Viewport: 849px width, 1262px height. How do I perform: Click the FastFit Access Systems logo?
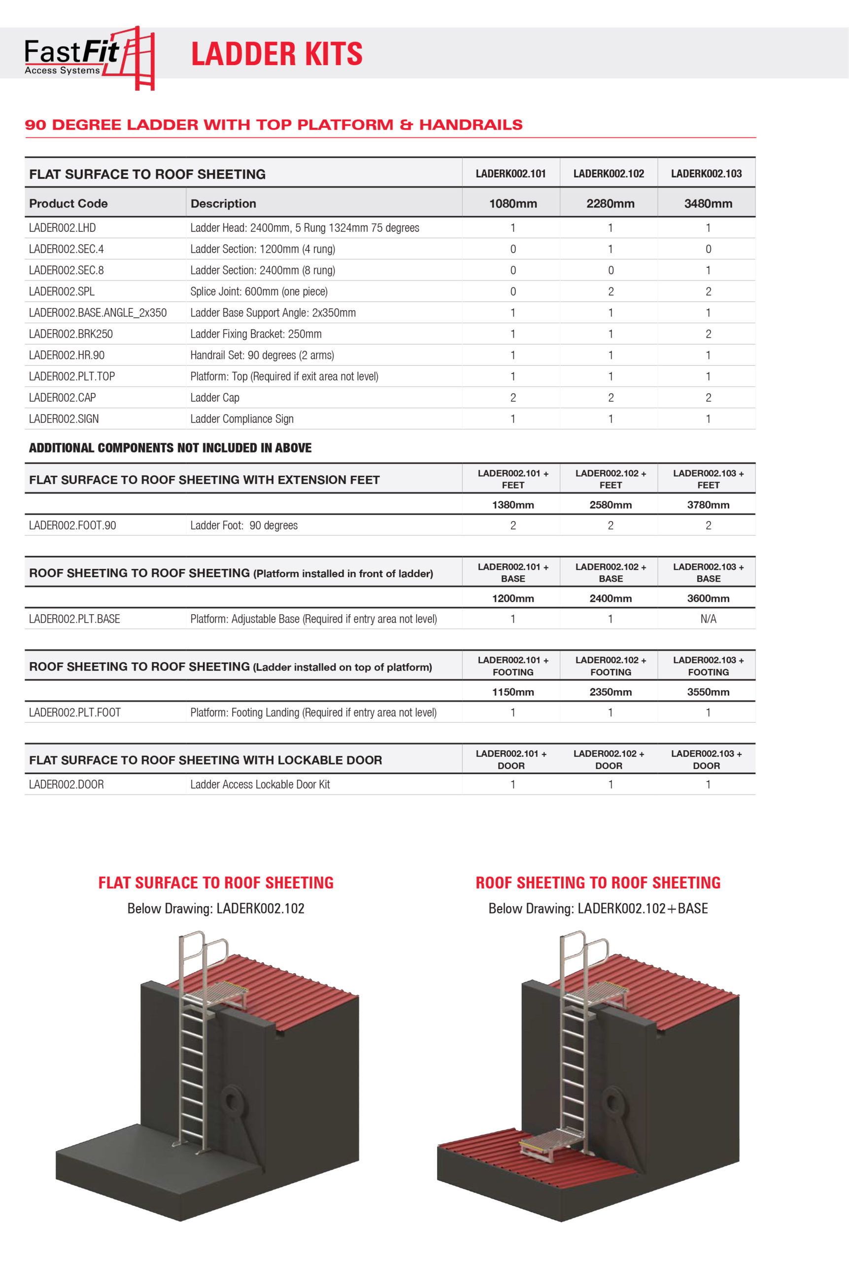click(x=89, y=57)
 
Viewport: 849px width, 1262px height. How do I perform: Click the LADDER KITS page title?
click(x=277, y=54)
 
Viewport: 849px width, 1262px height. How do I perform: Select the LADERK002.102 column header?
click(x=609, y=174)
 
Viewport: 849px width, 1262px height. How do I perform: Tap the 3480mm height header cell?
click(x=708, y=204)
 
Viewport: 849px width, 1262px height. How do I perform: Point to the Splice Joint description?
click(x=259, y=291)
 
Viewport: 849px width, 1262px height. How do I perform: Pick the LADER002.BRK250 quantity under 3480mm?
click(x=708, y=334)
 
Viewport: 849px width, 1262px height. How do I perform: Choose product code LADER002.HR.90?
click(x=67, y=355)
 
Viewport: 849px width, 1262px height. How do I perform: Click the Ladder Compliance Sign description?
click(x=241, y=419)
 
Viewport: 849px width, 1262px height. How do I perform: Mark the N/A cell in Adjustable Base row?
click(x=708, y=619)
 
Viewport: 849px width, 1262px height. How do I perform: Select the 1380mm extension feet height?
click(x=513, y=505)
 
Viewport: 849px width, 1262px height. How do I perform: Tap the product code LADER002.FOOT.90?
click(x=72, y=526)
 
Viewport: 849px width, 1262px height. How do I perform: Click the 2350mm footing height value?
click(x=610, y=692)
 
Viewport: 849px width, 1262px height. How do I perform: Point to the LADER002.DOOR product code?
click(x=66, y=784)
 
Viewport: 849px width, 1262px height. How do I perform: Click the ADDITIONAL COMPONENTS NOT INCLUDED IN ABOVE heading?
click(x=170, y=448)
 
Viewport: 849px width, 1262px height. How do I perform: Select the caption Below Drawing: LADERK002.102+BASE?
click(x=598, y=909)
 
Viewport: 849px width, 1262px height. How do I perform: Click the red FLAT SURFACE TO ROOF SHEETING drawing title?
click(x=215, y=883)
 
